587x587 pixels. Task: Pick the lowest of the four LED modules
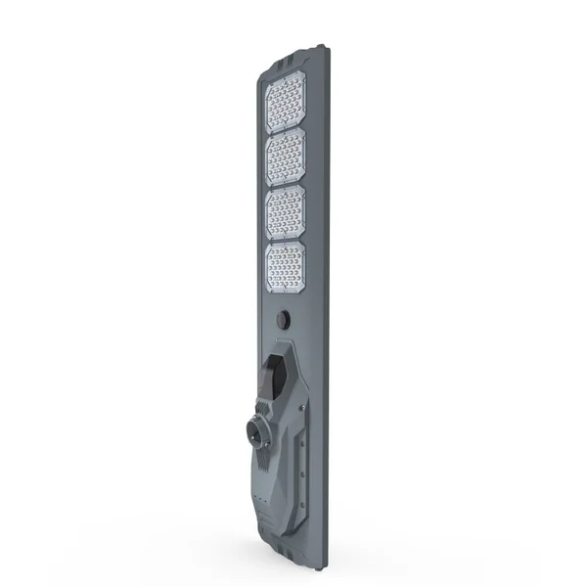pos(287,266)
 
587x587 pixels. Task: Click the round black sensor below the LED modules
pos(284,320)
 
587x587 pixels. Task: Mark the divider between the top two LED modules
pos(287,129)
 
